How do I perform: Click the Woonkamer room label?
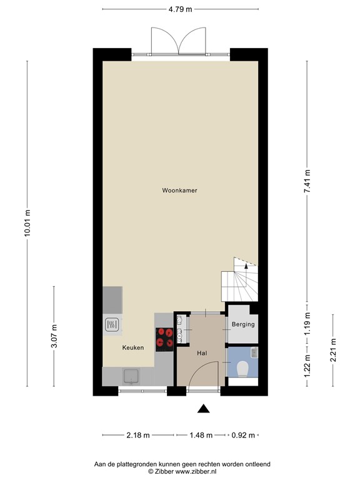pos(179,191)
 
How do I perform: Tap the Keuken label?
pos(133,347)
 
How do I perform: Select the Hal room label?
pos(202,352)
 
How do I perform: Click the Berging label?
pos(242,325)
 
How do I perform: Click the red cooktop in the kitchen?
pos(164,337)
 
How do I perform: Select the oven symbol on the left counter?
pos(112,324)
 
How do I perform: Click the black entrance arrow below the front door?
pos(203,409)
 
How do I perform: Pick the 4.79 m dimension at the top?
pos(181,9)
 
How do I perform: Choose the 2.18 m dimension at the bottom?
pos(139,435)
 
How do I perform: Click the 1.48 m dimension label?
pos(201,435)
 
